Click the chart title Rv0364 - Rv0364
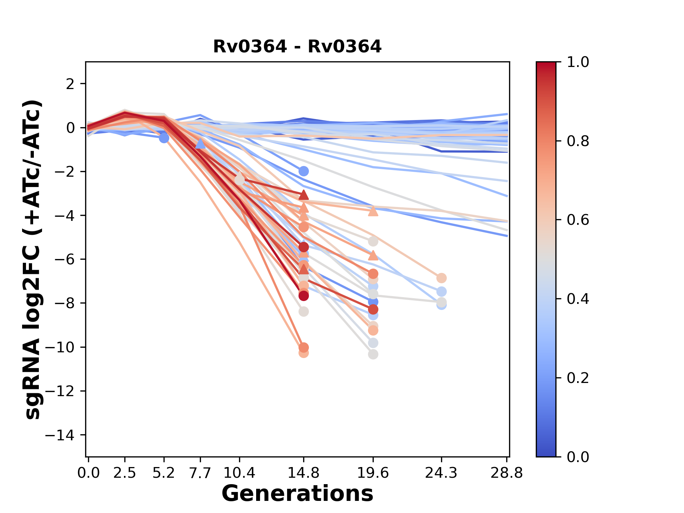(297, 47)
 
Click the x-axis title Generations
(297, 494)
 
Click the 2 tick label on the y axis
(71, 84)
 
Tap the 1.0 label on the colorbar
(578, 62)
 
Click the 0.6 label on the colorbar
(578, 220)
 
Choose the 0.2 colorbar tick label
(578, 378)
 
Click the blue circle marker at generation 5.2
(164, 138)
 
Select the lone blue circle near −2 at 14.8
(303, 171)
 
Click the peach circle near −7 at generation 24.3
(441, 278)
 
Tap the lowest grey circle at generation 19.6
(373, 354)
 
